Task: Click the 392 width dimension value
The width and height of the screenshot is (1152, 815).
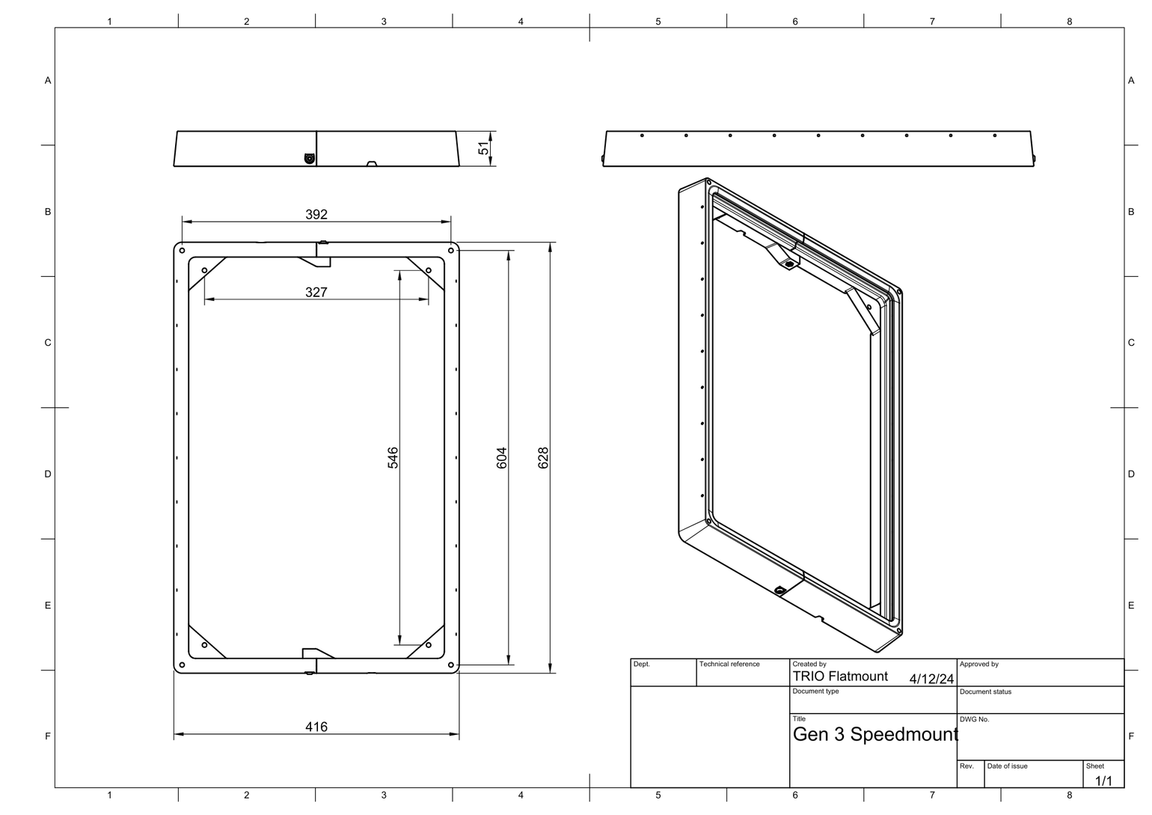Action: tap(316, 215)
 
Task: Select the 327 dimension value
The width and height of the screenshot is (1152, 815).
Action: tap(316, 293)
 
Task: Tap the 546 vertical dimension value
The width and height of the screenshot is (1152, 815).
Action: tap(393, 458)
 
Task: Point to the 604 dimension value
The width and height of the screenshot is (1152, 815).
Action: tap(502, 458)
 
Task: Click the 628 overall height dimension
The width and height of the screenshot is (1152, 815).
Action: tap(544, 458)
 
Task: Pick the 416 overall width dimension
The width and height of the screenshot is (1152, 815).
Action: tap(316, 727)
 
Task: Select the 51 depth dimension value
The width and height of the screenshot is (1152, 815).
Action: tap(484, 149)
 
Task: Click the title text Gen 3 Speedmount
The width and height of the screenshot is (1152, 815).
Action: tap(874, 735)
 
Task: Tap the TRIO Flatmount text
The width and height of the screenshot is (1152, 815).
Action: tap(840, 677)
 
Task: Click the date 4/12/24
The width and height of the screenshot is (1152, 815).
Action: tap(931, 680)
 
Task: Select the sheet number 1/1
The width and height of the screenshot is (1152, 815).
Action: tap(1103, 781)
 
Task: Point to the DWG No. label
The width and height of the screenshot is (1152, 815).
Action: tap(974, 719)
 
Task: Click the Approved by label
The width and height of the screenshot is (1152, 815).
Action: tap(978, 664)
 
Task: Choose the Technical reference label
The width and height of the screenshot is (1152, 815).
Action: tap(729, 664)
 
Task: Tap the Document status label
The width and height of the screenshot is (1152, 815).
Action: tap(985, 692)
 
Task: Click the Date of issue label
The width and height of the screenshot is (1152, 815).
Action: tap(1007, 766)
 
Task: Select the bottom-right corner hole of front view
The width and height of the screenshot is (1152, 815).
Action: tap(450, 665)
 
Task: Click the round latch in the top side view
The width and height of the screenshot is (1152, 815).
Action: tap(309, 158)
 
